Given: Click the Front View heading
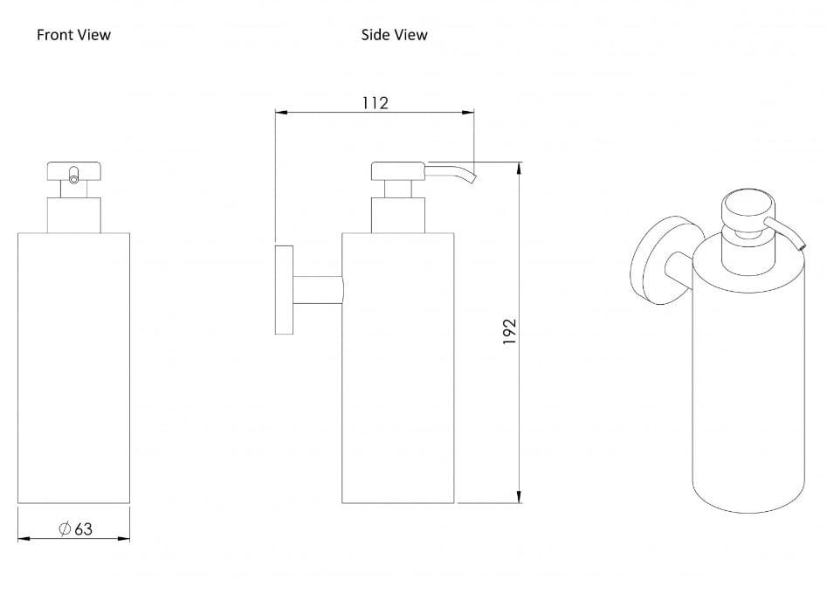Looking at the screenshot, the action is click(74, 35).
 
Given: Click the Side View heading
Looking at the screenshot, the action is click(394, 35).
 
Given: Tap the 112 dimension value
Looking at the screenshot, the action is click(375, 102).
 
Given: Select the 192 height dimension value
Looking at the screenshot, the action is click(509, 331).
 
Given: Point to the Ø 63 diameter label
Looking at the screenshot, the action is click(75, 528).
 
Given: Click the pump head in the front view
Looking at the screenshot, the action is click(74, 171).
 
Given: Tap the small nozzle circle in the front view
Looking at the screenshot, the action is click(74, 179).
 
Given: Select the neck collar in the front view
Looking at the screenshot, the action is click(74, 215).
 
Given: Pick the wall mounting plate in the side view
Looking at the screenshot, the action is click(285, 290).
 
